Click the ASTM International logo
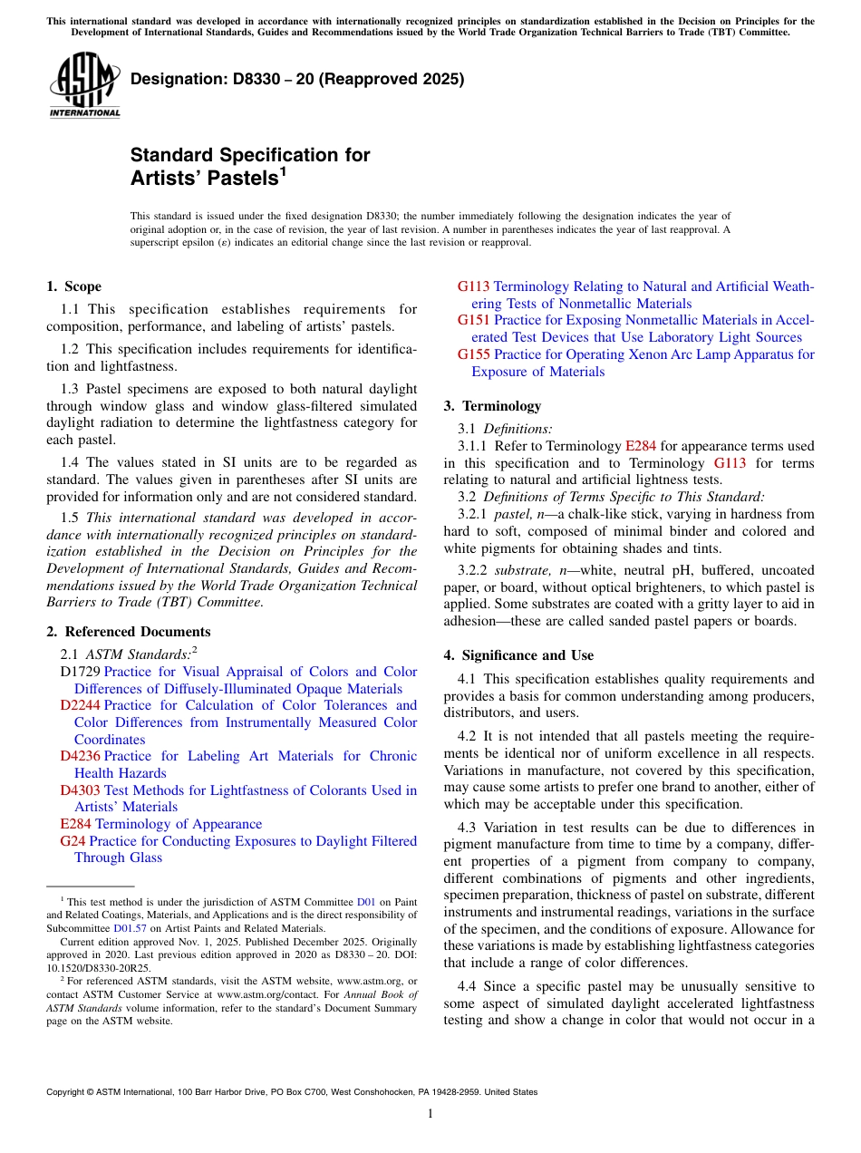84,85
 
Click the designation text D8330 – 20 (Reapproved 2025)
297,79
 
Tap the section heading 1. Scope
73,286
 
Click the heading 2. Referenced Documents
128,632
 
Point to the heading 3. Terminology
492,406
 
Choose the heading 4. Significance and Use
518,655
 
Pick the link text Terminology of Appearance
179,824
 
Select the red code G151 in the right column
474,320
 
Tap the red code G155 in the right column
474,354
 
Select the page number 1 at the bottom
430,1114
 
